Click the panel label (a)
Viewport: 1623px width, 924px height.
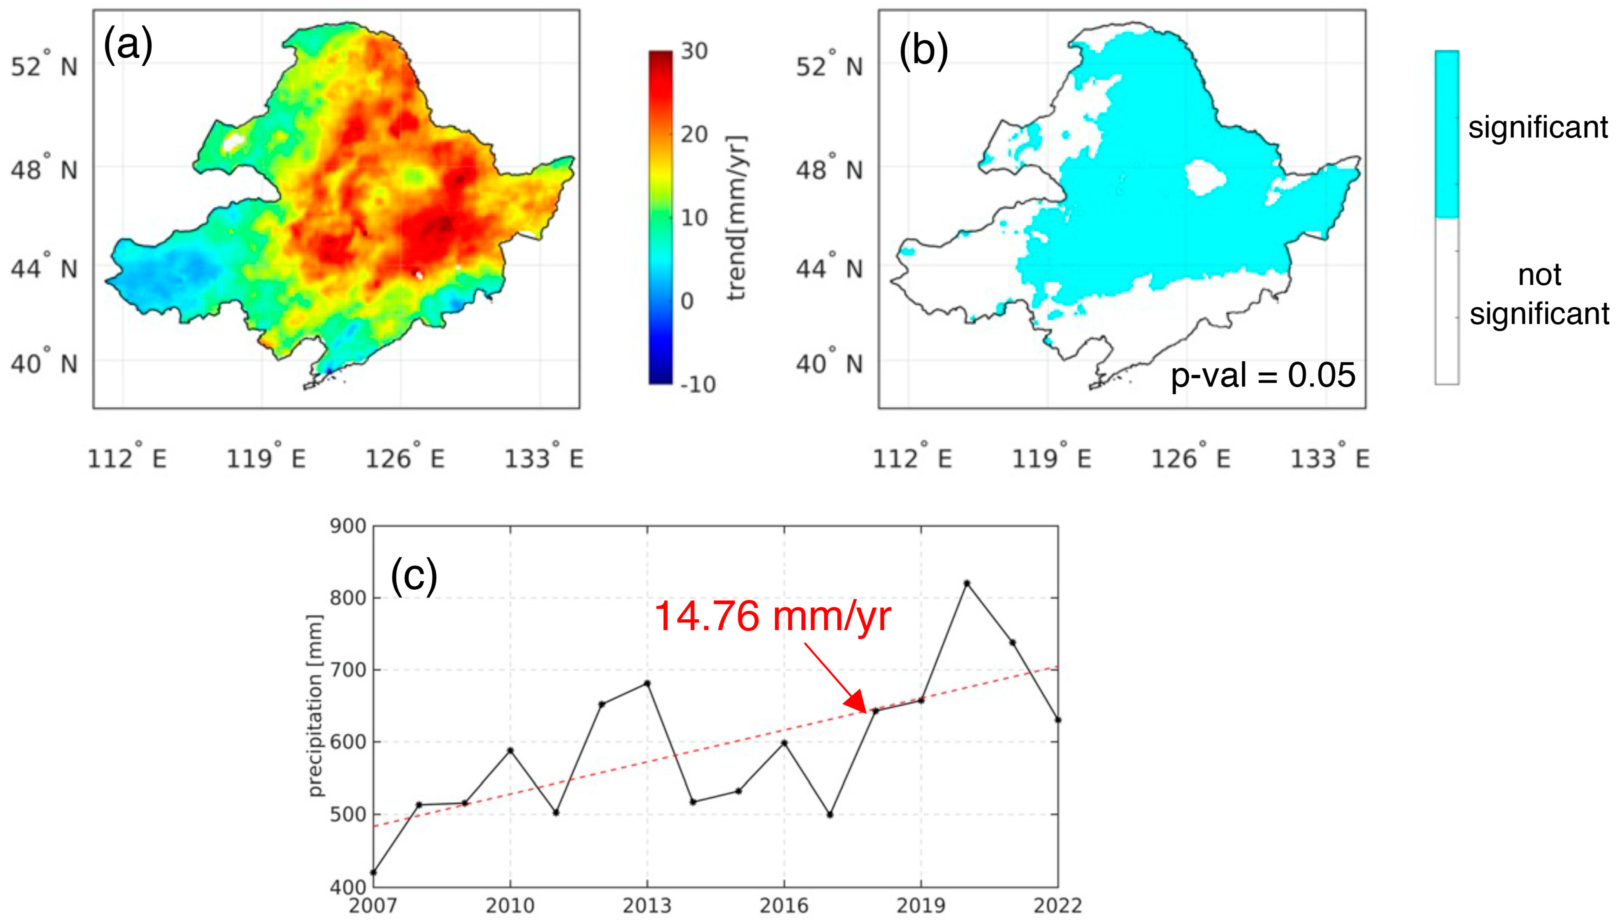(128, 45)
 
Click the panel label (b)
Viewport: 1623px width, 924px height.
(923, 50)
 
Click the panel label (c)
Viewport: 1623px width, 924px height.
(414, 576)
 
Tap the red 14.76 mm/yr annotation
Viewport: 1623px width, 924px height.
(772, 616)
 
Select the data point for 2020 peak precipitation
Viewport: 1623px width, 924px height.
(967, 583)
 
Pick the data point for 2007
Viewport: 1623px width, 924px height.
(374, 872)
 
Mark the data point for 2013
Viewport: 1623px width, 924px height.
(647, 683)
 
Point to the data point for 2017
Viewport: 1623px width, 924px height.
(830, 814)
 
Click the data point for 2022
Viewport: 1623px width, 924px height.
(1058, 720)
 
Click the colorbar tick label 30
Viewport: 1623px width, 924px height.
(694, 51)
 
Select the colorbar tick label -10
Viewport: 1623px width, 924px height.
(697, 384)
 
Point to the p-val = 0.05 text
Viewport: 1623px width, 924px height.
(1263, 375)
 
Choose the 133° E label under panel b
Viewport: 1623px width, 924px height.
(1330, 458)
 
